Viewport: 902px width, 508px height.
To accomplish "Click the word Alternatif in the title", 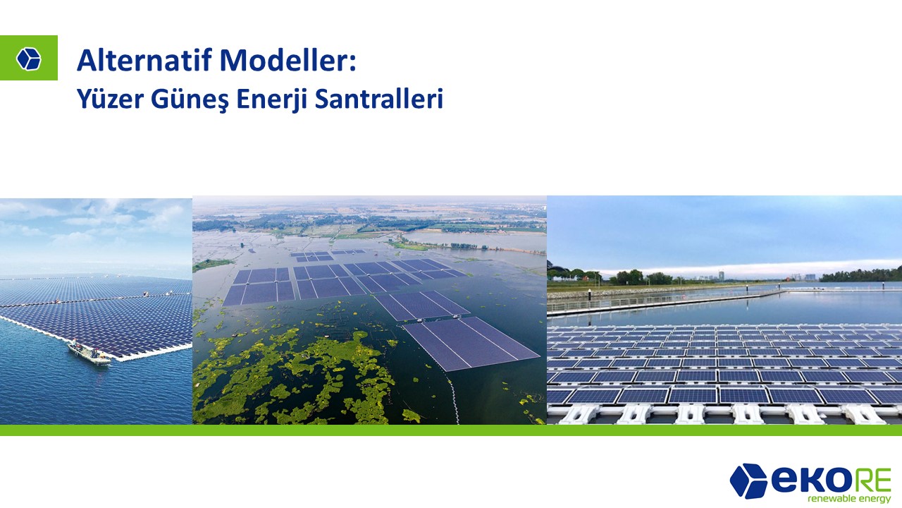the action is point(144,60).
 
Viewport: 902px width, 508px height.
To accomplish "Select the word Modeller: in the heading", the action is point(288,60).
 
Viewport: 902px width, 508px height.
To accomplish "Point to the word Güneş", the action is point(190,99).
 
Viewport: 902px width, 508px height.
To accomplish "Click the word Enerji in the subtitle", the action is point(272,99).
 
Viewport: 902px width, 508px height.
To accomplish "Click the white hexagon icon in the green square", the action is point(29,59).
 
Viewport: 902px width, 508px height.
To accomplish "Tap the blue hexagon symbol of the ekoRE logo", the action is point(748,481).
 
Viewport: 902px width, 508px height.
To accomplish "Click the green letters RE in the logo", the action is point(866,480).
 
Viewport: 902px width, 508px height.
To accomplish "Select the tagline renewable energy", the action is point(849,499).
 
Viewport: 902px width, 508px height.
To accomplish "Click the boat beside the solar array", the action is point(89,352).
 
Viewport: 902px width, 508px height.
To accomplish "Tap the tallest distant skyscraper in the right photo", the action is point(721,276).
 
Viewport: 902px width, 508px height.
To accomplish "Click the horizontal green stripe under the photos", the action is point(451,430).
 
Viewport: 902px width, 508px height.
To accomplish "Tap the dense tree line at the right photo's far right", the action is point(862,274).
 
